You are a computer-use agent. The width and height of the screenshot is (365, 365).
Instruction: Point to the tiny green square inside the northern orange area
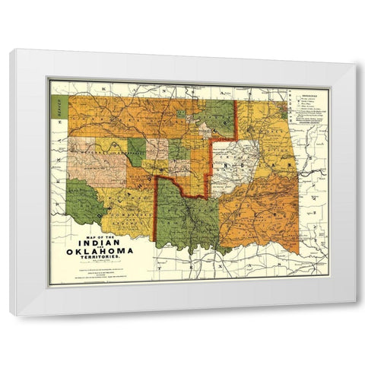pos(182,114)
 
